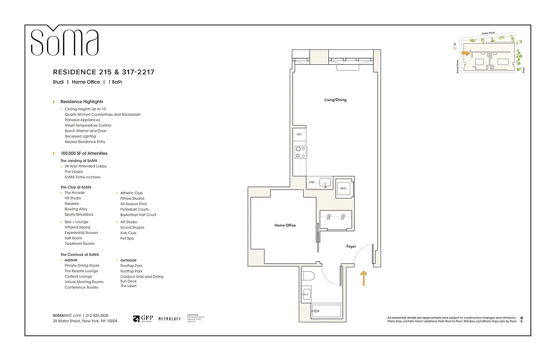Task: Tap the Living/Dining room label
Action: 335,100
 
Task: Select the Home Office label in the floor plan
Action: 285,225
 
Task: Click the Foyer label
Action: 351,247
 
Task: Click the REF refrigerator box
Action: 299,135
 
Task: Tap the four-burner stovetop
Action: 300,152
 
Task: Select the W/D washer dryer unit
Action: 344,188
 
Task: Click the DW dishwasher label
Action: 311,182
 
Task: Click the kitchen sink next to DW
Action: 325,182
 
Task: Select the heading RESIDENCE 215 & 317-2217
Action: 103,72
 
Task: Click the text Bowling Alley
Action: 76,209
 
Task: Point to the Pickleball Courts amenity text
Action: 135,209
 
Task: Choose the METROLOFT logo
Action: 170,319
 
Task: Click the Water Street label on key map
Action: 488,33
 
